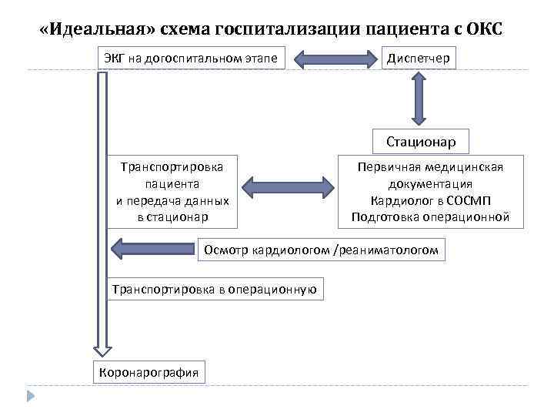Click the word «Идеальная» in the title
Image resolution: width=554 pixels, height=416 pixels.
97,30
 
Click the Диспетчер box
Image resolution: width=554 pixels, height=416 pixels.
419,58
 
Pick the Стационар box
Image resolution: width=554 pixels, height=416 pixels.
420,141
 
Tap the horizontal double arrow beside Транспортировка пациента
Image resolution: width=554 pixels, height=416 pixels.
286,186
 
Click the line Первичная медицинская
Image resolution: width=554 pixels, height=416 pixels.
430,167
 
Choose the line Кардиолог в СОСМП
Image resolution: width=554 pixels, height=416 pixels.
430,200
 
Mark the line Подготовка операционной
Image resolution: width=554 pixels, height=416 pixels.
430,217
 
